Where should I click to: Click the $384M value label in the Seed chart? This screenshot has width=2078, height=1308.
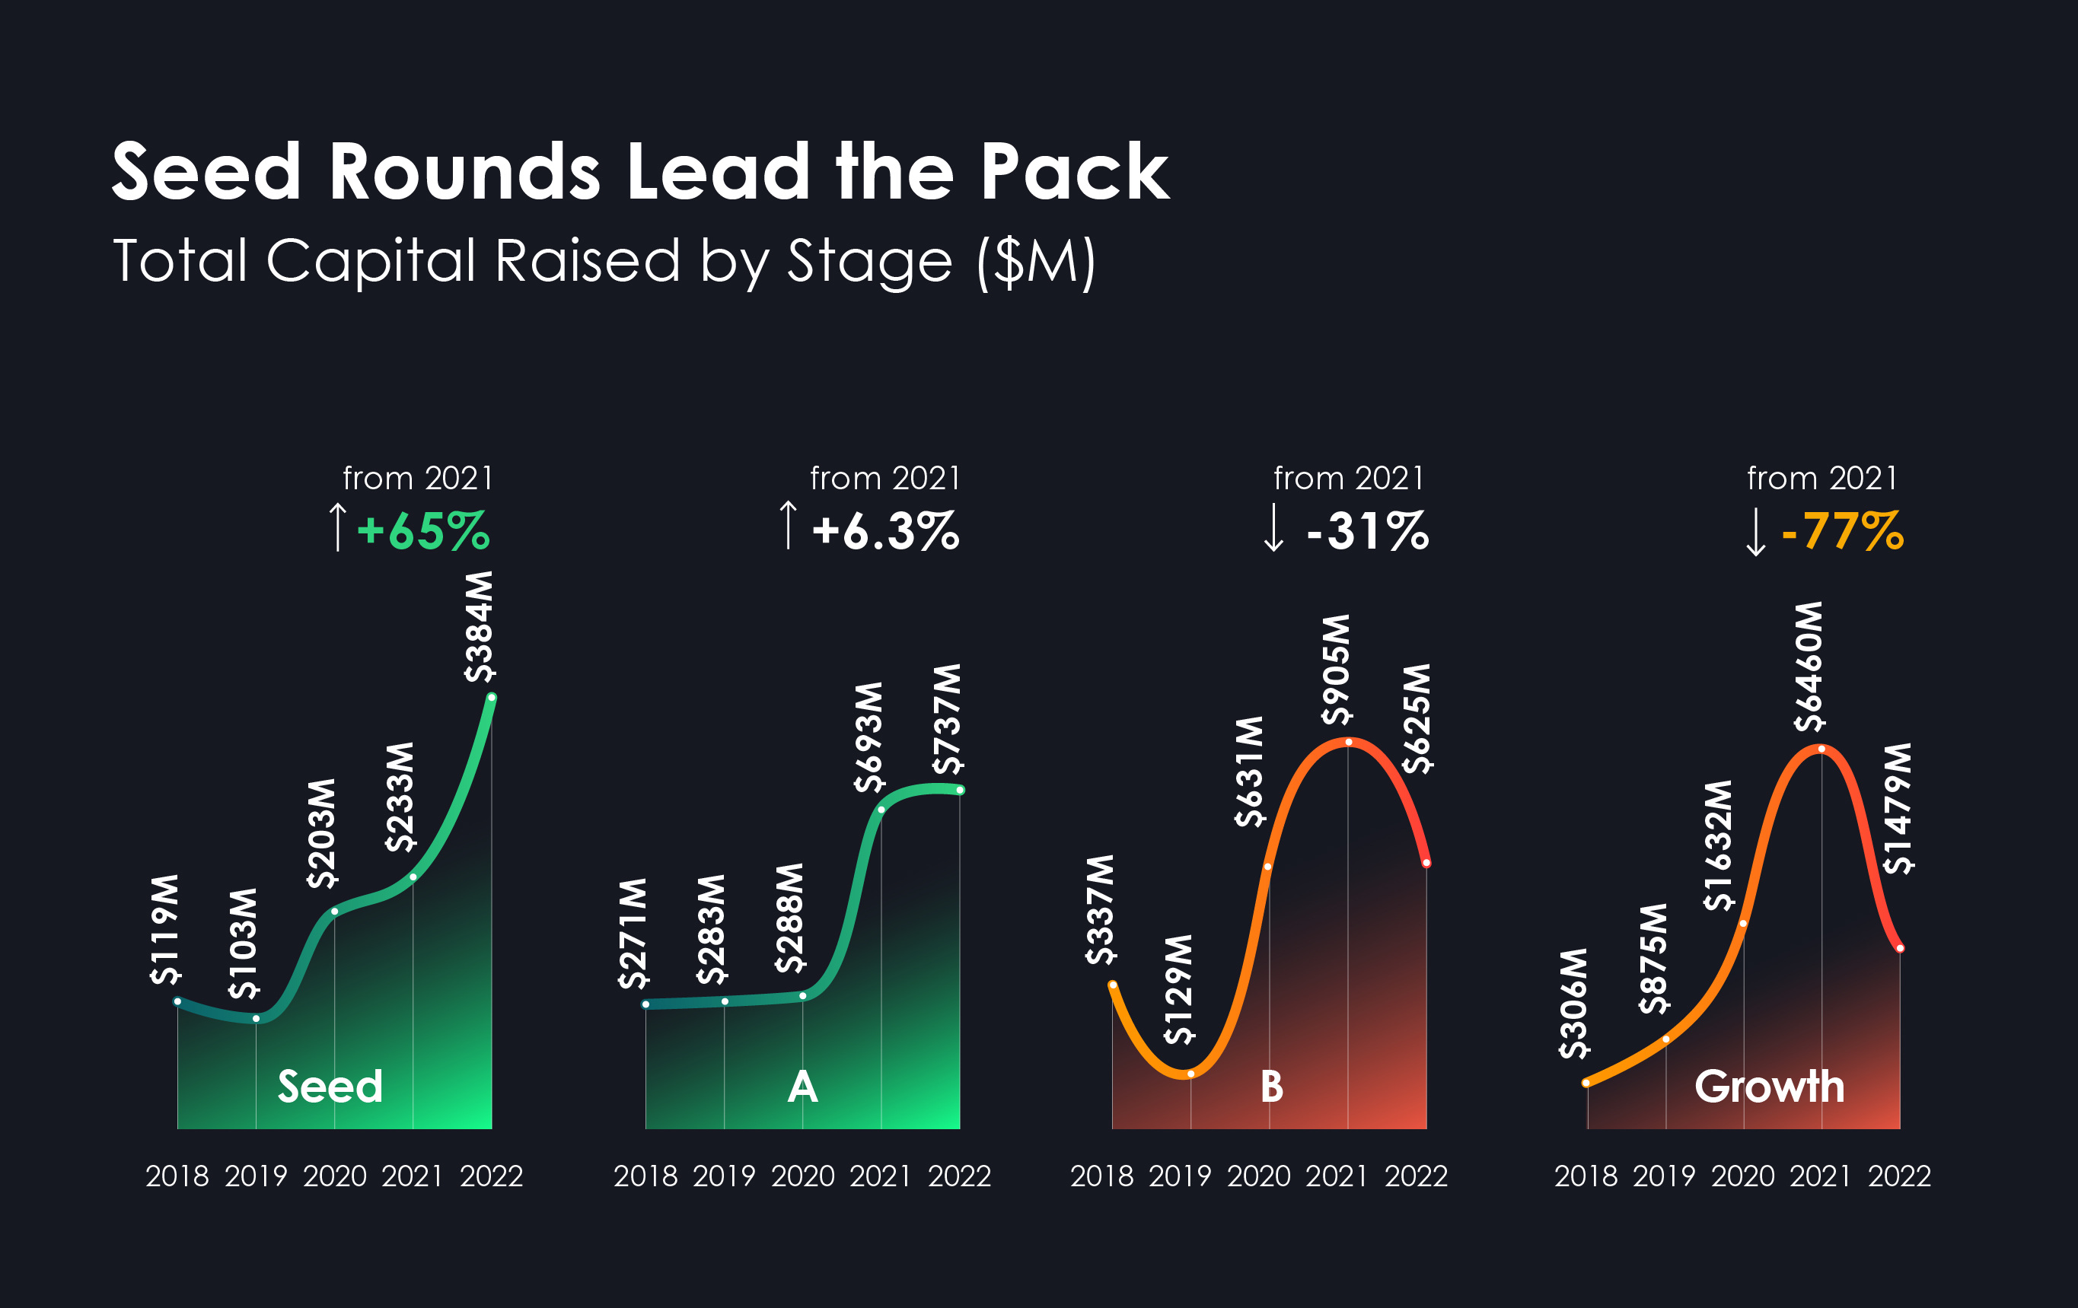[479, 626]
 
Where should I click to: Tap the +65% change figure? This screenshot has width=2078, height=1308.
[423, 530]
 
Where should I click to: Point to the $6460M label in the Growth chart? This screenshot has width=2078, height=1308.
[1809, 666]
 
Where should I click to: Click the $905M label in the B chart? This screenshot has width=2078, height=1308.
[1336, 669]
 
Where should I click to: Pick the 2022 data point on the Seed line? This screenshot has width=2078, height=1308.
[492, 698]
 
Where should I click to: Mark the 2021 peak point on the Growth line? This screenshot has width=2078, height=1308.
[1821, 749]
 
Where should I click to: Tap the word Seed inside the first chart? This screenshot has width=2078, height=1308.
[330, 1087]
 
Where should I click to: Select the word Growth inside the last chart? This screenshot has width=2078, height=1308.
[1769, 1087]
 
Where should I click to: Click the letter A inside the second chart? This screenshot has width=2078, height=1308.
[802, 1087]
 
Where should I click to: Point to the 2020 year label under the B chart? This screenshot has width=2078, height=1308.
[1259, 1176]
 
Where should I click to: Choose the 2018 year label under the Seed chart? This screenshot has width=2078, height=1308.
[177, 1176]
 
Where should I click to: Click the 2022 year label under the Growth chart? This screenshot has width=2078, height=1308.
[1899, 1176]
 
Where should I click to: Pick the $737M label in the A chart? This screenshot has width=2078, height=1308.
[947, 719]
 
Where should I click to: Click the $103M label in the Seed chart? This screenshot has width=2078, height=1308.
[244, 943]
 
